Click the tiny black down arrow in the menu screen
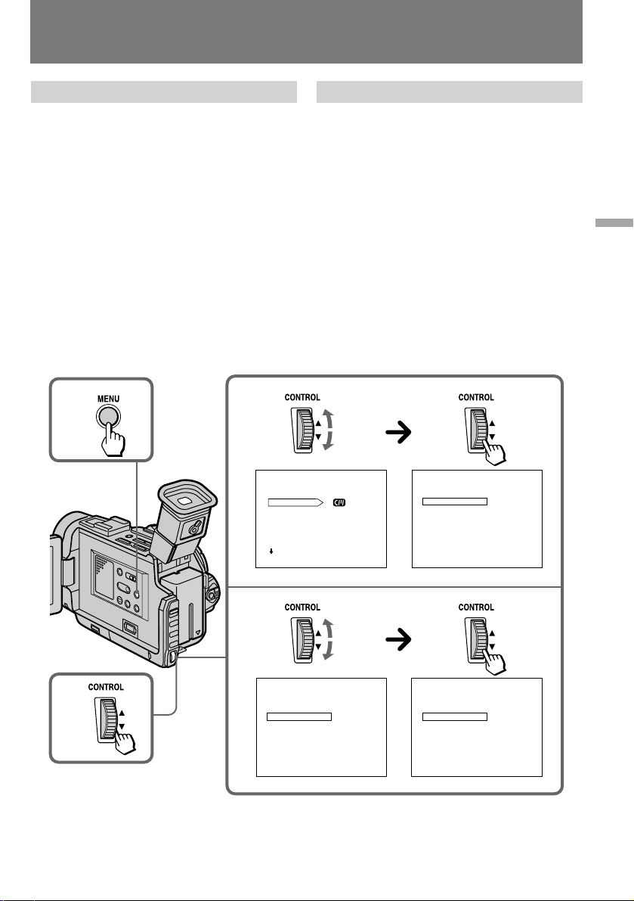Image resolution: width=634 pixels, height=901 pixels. pos(271,551)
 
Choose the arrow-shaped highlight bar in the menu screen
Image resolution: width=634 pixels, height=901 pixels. pos(295,502)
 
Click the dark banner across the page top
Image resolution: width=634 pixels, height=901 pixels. pos(306,32)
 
